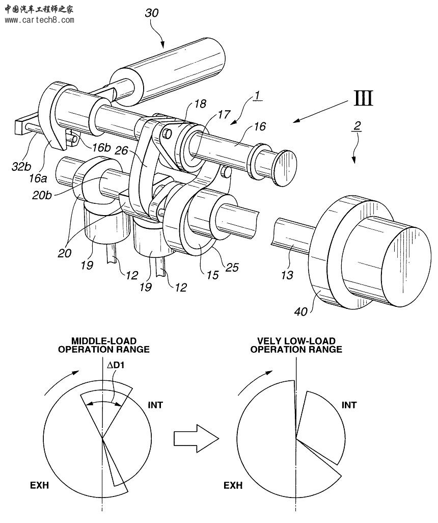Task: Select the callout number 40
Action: click(301, 310)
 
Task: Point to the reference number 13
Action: click(287, 275)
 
